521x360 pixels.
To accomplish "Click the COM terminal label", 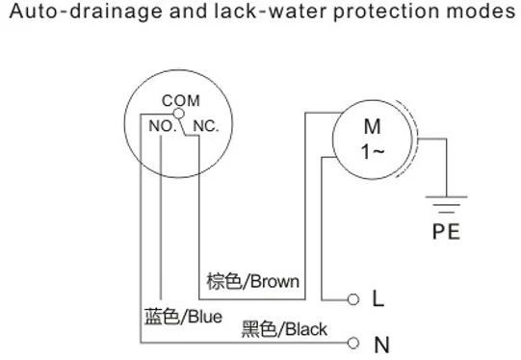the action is (x=181, y=101).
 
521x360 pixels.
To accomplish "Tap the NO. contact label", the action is (x=163, y=126).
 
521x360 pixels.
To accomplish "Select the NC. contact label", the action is (x=206, y=126).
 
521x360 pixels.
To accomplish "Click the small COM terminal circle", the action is (x=179, y=114).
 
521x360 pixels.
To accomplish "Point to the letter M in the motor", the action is (x=372, y=126).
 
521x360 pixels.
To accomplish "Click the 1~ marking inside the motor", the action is (x=373, y=152).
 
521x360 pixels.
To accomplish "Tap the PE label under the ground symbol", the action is (x=446, y=231).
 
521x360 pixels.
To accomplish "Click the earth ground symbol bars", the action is (x=446, y=204).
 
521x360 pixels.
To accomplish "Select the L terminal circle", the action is (x=353, y=299).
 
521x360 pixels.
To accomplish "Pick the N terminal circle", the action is (x=352, y=343).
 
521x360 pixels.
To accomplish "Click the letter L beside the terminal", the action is (x=378, y=297).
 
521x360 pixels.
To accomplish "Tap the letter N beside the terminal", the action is (x=381, y=345).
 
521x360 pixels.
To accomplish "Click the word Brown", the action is (x=274, y=282).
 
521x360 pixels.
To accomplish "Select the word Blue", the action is (x=205, y=317).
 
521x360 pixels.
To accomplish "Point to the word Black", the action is (x=306, y=329).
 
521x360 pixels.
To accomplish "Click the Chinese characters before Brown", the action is (x=224, y=282).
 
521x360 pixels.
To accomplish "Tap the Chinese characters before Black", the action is (x=259, y=329).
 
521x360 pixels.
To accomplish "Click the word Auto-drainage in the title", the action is (x=86, y=12).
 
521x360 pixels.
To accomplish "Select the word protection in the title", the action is (x=387, y=12).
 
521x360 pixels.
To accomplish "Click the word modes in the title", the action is (x=481, y=12).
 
